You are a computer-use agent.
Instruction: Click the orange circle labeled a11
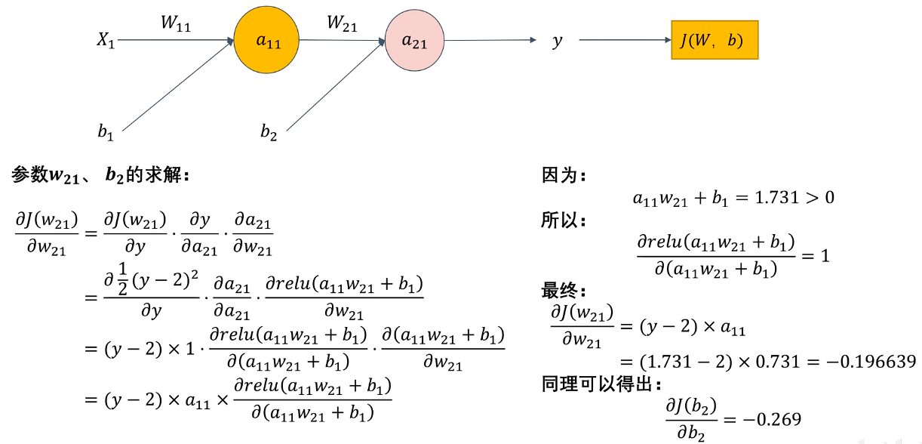click(266, 40)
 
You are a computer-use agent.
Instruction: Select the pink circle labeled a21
click(414, 40)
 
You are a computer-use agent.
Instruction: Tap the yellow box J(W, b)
click(715, 40)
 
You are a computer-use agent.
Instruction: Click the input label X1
click(106, 40)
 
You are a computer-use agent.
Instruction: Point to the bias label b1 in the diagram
click(106, 133)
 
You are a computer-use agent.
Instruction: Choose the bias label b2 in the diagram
click(269, 132)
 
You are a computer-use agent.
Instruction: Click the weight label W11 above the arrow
click(176, 23)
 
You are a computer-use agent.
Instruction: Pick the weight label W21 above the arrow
click(342, 23)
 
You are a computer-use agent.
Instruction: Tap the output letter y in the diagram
click(558, 42)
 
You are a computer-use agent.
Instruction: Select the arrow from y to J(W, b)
click(625, 40)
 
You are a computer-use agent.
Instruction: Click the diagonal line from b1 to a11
click(178, 85)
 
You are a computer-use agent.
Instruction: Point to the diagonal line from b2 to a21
click(336, 85)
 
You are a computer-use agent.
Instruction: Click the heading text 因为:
click(564, 175)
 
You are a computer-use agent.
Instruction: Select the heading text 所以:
click(564, 220)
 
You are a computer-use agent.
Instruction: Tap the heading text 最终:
click(564, 291)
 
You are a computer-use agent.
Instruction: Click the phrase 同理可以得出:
click(601, 384)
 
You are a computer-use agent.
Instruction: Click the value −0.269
click(772, 420)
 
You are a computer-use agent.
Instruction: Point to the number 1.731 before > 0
click(776, 198)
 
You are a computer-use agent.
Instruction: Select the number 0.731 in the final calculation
click(778, 362)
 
